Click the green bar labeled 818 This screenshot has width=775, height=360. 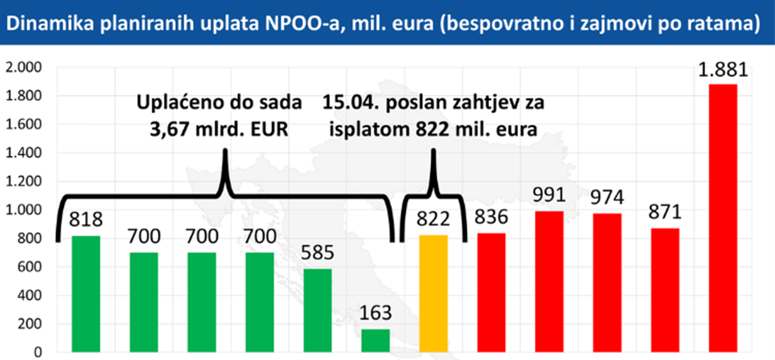point(86,294)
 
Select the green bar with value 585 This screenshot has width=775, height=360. point(318,310)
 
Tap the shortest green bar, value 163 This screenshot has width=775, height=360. point(375,340)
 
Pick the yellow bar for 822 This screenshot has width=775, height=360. point(433,294)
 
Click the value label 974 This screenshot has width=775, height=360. point(607,197)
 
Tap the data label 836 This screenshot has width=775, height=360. point(491,217)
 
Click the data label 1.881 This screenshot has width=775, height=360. point(722,71)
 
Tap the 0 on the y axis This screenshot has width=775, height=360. point(38,352)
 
